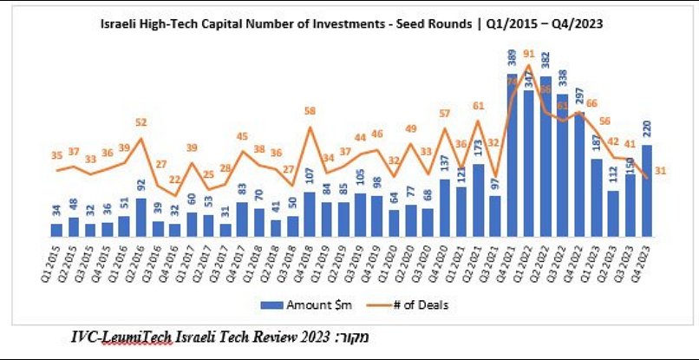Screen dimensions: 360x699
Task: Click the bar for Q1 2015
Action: click(56, 229)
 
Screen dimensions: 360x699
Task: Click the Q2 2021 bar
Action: click(478, 200)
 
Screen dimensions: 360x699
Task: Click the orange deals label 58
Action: click(310, 111)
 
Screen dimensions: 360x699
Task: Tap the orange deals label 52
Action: click(141, 122)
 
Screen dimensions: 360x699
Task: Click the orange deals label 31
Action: click(660, 171)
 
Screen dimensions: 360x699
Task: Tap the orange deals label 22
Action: click(174, 180)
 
